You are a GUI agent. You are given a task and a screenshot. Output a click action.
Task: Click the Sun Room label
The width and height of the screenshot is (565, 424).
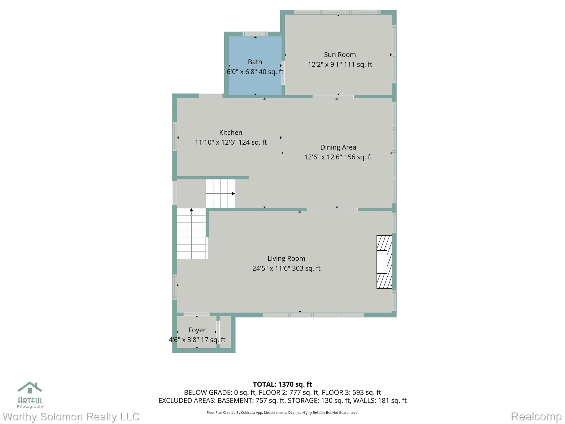pos(340,55)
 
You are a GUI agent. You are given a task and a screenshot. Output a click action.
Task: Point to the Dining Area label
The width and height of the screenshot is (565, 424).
pos(338,147)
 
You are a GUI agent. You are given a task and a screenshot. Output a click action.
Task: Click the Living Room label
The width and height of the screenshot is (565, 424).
pos(286,259)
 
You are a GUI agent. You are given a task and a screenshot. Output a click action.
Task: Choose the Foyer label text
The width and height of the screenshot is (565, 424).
pos(197,330)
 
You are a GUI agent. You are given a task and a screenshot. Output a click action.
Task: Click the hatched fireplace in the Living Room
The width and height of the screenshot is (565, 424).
pos(384,262)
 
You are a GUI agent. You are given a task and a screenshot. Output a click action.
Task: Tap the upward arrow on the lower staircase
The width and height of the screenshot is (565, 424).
pos(191,234)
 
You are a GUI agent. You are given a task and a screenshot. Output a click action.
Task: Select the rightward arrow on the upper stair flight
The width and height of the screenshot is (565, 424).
pos(220,194)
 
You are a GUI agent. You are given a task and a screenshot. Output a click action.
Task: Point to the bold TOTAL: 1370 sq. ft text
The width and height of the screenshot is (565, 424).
pos(282,384)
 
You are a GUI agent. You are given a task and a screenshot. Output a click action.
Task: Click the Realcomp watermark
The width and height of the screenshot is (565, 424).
pos(536,416)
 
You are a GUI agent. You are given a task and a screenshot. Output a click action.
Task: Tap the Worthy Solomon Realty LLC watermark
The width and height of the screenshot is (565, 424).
pos(71,417)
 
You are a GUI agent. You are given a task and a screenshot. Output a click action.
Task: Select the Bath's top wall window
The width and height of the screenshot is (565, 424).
pos(255,34)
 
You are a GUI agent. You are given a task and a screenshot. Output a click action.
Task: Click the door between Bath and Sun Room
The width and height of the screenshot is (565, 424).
pos(283,73)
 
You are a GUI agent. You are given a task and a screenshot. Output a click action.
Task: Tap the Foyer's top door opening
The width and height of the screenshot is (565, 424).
pos(196,314)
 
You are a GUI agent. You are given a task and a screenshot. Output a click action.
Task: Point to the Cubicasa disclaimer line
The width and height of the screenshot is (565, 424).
pos(282,413)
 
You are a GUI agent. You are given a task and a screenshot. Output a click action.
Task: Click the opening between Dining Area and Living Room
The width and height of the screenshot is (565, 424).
pos(332,210)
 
